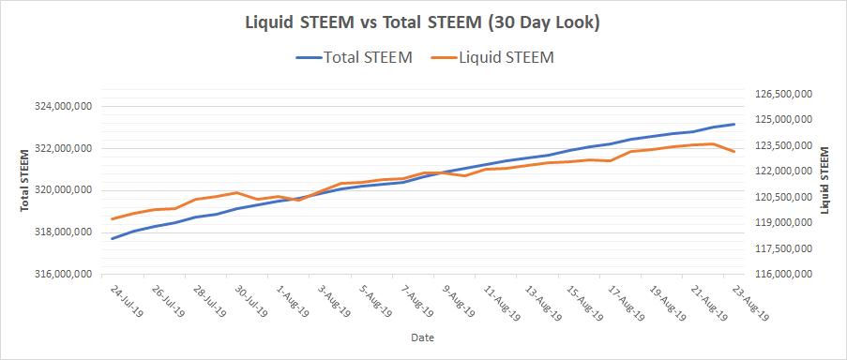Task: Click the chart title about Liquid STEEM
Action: [423, 24]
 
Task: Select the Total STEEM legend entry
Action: [355, 58]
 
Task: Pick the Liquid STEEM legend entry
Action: [492, 58]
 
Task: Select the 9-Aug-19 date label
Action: [460, 300]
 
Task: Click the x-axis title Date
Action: [422, 338]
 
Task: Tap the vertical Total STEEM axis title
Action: [24, 180]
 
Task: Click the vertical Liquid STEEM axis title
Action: [824, 180]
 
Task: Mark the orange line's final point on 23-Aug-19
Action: [734, 152]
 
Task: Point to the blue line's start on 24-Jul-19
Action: [112, 238]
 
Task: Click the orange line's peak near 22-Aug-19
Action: [714, 143]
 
